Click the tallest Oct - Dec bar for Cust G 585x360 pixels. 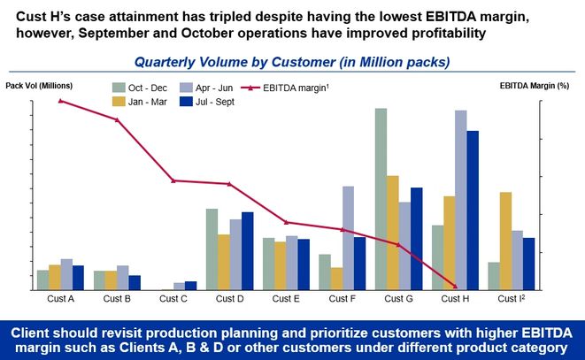pos(381,198)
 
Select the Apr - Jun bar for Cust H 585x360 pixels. pos(460,199)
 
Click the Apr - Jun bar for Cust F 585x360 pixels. pos(348,237)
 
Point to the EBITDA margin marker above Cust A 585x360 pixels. pos(60,101)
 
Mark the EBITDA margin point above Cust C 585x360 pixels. pos(173,180)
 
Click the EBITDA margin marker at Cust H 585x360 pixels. pos(455,286)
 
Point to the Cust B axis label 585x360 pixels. pos(117,299)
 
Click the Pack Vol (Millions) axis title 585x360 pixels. pos(39,85)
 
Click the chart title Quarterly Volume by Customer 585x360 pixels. pos(292,62)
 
